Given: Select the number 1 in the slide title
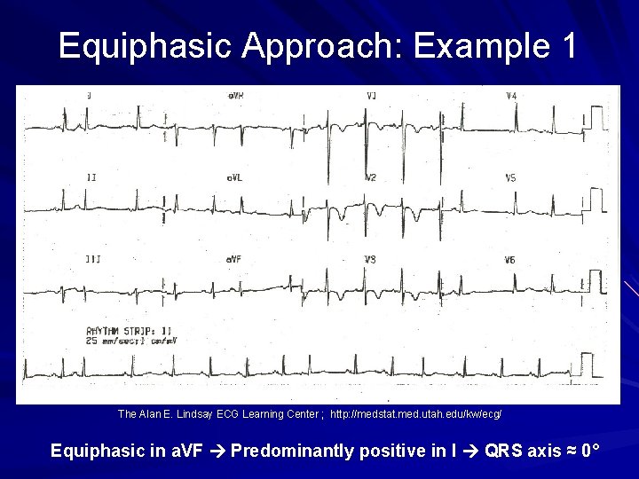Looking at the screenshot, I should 567,45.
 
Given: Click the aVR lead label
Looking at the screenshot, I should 235,95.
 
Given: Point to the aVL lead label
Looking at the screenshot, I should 234,177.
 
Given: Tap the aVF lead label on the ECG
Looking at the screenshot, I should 234,259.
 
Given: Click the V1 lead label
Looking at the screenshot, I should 371,95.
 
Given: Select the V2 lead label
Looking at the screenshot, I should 371,177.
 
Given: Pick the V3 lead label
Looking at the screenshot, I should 371,259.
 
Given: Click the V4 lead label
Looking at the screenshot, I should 511,95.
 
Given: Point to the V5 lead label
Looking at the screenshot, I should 510,177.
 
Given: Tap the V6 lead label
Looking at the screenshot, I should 510,259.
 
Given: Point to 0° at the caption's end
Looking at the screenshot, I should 591,452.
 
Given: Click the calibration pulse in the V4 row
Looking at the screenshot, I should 600,117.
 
